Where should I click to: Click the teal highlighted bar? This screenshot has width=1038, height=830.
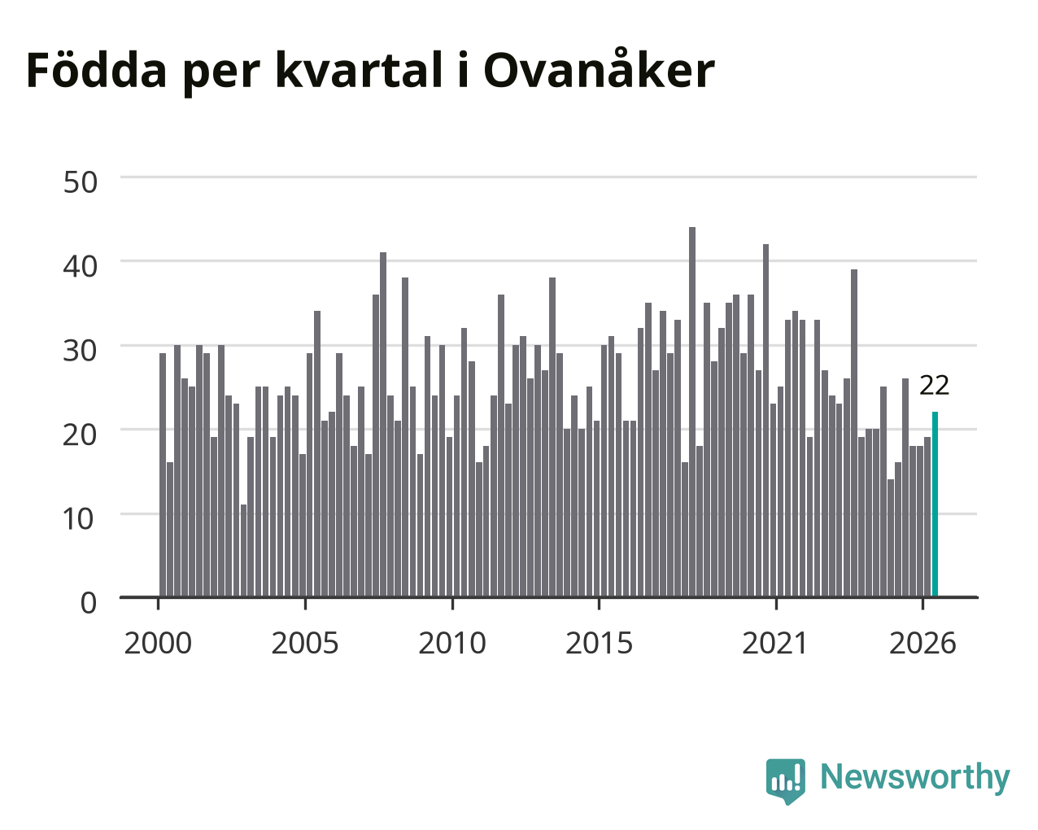point(935,505)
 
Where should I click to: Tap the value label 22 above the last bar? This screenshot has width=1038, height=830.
point(935,386)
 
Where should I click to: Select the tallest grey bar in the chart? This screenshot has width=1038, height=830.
point(692,412)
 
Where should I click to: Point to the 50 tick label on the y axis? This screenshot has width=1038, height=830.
point(80,182)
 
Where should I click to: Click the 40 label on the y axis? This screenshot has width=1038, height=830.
point(80,266)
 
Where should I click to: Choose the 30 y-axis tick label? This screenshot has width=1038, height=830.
point(80,351)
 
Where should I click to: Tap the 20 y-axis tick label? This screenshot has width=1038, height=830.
point(80,435)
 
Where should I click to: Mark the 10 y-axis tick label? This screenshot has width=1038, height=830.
point(79,519)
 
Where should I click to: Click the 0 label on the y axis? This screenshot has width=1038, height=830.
point(89,603)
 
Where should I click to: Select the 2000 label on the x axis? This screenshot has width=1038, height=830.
point(158,643)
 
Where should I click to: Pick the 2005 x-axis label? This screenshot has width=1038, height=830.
point(305,643)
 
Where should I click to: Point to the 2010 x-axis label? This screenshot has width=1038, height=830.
point(452,643)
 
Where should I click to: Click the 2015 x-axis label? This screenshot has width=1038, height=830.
point(599,643)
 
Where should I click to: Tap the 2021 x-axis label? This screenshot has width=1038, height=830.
point(774,643)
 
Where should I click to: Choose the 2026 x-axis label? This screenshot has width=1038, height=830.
point(922,643)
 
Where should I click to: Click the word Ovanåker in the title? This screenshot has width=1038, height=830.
point(599,69)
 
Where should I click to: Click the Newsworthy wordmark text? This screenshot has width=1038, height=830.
point(915,778)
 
